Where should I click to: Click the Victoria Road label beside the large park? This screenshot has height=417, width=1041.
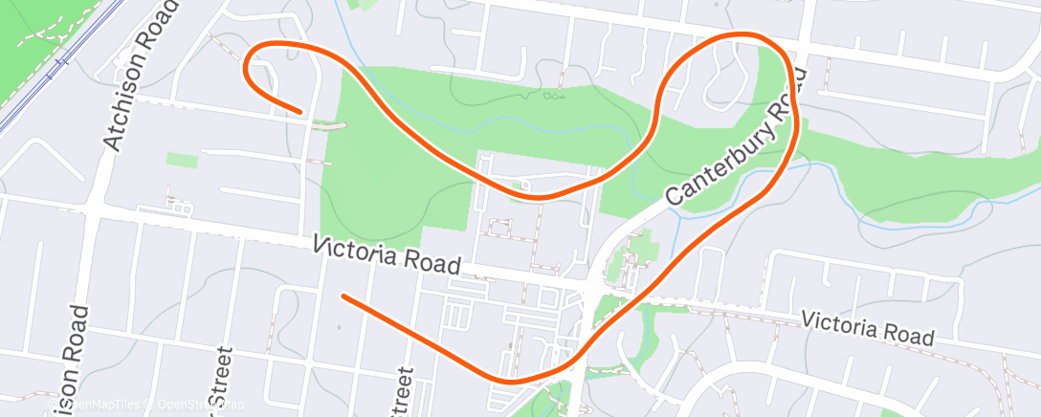(x=388, y=255)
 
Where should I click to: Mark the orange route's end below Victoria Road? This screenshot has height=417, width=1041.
(x=343, y=296)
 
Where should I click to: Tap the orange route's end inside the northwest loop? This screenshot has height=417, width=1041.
(x=302, y=111)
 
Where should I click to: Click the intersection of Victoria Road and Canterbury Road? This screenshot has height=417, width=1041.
(x=595, y=286)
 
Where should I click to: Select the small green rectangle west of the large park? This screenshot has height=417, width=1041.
(x=182, y=160)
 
